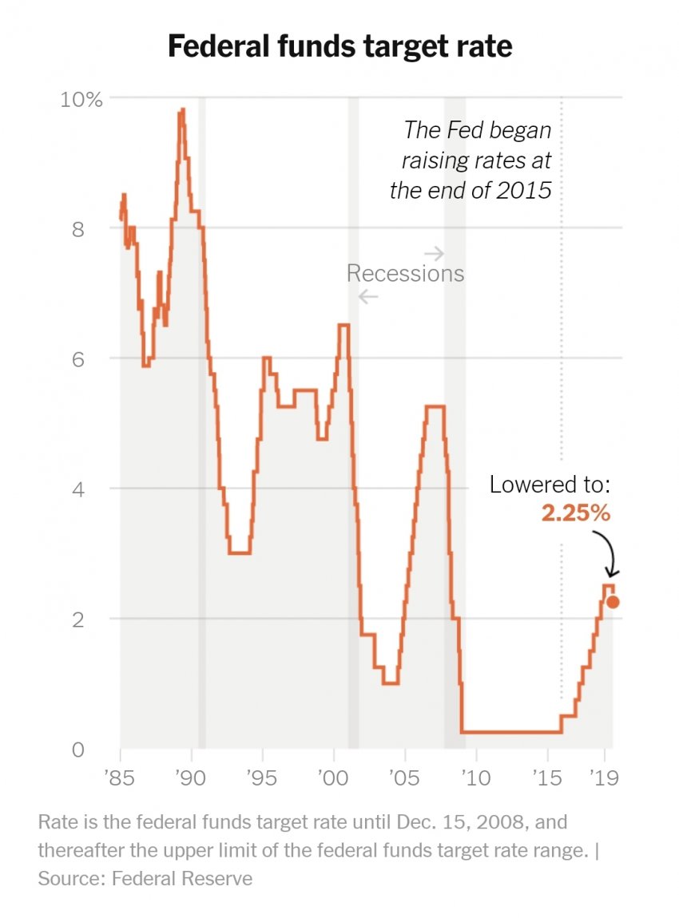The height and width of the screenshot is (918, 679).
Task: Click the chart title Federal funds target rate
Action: click(339, 46)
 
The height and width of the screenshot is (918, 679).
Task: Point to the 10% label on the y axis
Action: click(82, 100)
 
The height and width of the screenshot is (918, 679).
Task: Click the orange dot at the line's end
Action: click(613, 602)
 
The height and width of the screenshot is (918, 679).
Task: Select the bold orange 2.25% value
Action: click(576, 512)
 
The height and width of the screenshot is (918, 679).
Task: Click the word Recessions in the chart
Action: click(405, 274)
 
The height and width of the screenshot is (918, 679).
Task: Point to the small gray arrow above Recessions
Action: click(434, 254)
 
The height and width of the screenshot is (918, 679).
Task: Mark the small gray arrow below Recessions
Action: click(368, 297)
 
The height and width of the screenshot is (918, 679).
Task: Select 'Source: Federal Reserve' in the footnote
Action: click(145, 879)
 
